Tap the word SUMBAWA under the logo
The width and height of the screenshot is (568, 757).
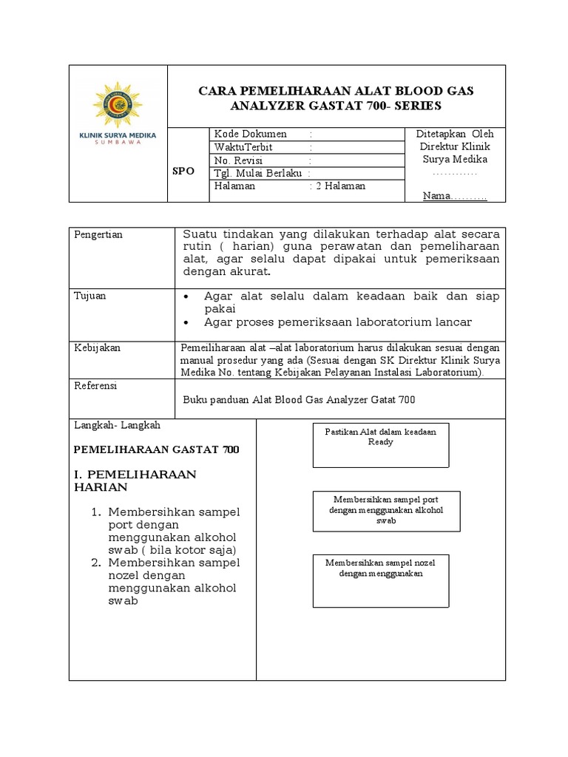click(x=118, y=142)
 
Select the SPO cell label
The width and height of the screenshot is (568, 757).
click(x=183, y=171)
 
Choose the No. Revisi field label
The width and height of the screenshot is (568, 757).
click(x=238, y=160)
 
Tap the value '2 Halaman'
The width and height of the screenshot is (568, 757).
click(x=340, y=186)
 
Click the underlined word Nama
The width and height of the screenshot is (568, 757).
click(x=436, y=196)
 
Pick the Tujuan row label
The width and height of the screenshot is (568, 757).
click(x=90, y=296)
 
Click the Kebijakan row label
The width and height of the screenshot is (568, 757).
click(x=97, y=347)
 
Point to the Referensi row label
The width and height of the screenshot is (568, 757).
click(x=96, y=386)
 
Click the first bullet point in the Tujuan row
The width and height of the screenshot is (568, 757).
click(x=188, y=296)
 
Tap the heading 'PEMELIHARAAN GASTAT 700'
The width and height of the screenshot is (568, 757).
click(x=158, y=449)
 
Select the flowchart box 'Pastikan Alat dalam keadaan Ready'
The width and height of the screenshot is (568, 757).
click(x=380, y=445)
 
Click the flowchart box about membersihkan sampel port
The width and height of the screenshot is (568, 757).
click(x=380, y=511)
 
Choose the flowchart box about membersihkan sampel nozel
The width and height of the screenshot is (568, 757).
click(x=380, y=580)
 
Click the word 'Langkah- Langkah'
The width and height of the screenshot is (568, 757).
click(x=118, y=426)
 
